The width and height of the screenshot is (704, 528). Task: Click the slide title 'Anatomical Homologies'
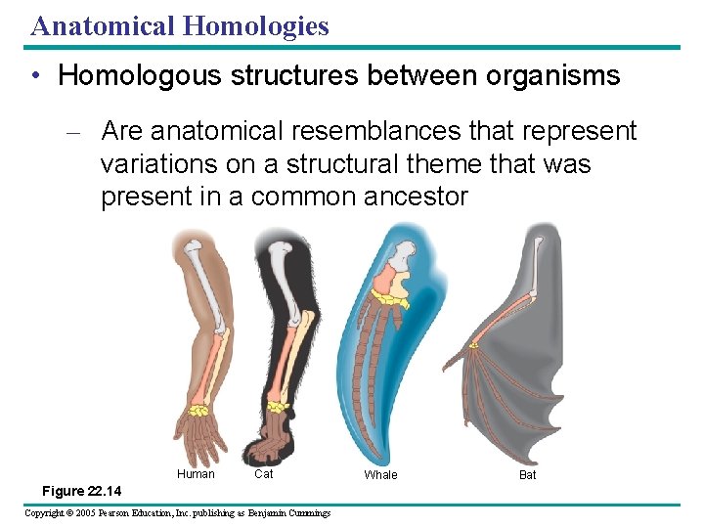[x=180, y=25]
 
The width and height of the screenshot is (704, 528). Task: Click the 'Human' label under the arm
[x=196, y=474]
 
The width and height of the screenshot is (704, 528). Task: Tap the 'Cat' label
[x=263, y=474]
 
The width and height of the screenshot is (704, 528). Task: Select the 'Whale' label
[x=380, y=475]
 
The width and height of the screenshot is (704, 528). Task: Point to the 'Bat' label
[x=528, y=475]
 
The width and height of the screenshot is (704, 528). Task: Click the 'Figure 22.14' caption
[x=82, y=491]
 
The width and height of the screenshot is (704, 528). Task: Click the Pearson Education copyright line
[x=177, y=513]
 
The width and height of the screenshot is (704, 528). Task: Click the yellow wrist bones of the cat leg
[x=279, y=404]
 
